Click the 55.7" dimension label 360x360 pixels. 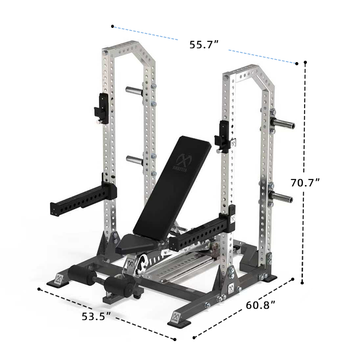point(204,45)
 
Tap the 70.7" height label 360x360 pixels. point(305,183)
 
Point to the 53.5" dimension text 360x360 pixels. point(96,316)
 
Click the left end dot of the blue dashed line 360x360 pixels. point(112,27)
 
